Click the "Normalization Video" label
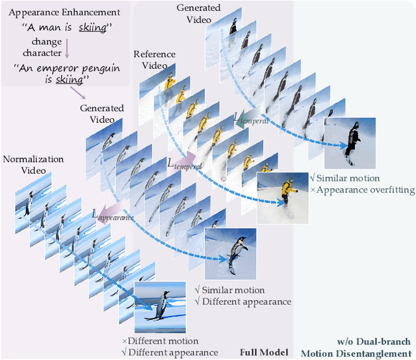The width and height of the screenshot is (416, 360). [34, 164]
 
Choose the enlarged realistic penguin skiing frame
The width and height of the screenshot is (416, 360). [231, 253]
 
